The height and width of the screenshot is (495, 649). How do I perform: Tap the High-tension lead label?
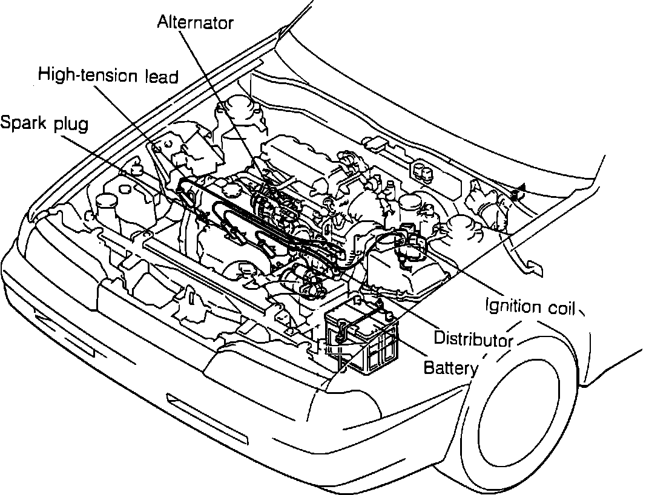108,76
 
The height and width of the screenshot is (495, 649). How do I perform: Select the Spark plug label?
44,123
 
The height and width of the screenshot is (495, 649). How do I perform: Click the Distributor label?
473,339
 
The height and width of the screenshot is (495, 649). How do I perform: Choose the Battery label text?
450,367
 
